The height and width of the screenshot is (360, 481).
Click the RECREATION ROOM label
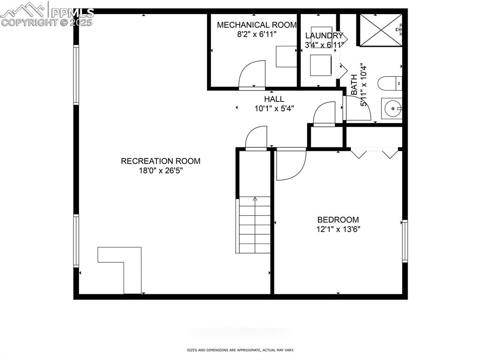click(x=161, y=161)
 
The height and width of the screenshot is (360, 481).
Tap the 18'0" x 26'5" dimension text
click(x=161, y=171)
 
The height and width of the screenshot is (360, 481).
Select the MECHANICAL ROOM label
click(x=256, y=25)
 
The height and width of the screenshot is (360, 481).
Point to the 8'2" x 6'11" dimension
click(x=256, y=34)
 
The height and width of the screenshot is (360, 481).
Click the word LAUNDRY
click(x=324, y=36)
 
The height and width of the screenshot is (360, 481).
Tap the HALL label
click(x=274, y=99)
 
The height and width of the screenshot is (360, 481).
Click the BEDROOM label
click(x=338, y=220)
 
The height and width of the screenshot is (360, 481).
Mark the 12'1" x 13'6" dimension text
click(x=338, y=230)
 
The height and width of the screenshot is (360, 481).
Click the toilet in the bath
click(x=389, y=84)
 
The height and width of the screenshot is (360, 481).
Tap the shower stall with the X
click(x=380, y=30)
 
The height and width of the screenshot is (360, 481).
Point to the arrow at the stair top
click(x=255, y=199)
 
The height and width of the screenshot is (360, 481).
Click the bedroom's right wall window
click(x=405, y=241)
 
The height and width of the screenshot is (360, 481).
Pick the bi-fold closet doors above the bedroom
click(x=375, y=153)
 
